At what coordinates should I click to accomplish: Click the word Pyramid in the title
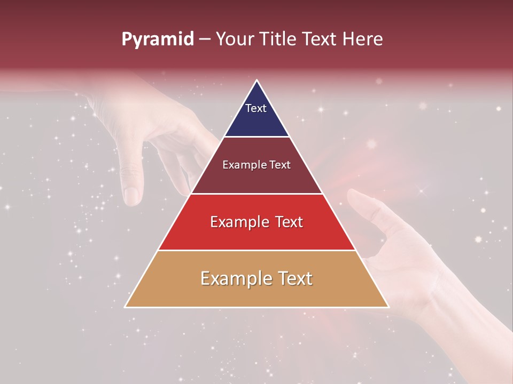158,39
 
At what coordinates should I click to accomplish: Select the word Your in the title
235,39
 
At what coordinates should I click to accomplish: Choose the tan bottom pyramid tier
256,291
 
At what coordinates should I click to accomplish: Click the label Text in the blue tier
255,108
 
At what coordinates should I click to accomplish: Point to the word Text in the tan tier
293,278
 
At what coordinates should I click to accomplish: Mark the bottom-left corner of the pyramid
125,307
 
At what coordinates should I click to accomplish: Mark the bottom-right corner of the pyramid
388,307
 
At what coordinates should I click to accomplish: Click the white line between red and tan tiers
256,250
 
